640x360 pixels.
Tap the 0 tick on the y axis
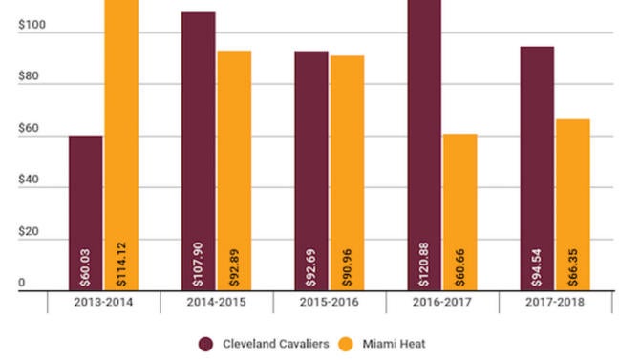click(21, 284)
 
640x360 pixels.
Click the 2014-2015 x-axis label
click(217, 302)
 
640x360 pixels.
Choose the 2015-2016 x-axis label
click(330, 302)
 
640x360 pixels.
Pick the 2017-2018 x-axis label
click(555, 302)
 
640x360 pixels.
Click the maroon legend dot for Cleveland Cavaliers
click(206, 343)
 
